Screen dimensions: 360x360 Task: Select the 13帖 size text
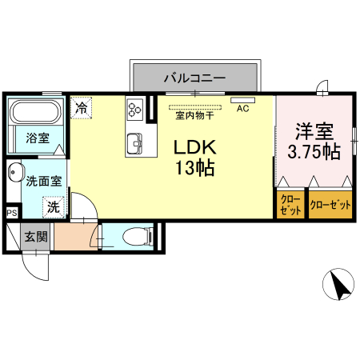[x=194, y=169]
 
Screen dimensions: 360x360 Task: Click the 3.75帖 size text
[x=314, y=150]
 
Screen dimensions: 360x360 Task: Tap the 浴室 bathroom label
[x=37, y=137]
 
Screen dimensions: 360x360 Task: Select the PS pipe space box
[x=12, y=213]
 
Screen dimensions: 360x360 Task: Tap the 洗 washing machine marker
[x=52, y=206]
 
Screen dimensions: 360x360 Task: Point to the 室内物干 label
[x=194, y=115]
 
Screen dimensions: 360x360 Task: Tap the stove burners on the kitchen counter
[x=134, y=106]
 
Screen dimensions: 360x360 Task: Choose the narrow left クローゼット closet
[x=290, y=205]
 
